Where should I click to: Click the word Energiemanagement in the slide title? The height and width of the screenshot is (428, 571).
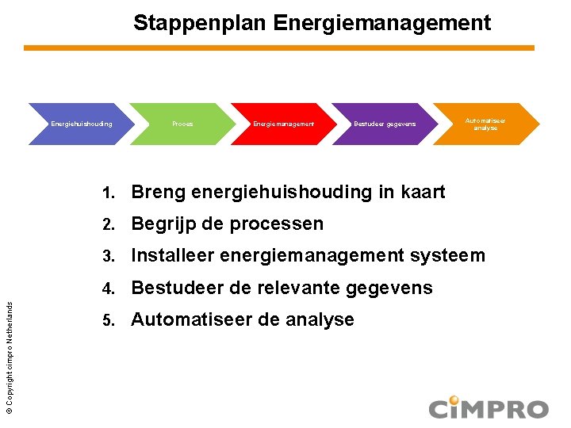(382, 23)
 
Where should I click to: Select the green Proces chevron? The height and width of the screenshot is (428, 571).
(182, 124)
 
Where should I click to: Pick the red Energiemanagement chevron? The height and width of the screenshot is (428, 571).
(283, 124)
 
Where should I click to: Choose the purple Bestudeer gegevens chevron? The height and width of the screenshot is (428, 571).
(384, 124)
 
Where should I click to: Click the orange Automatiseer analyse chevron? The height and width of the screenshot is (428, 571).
(485, 124)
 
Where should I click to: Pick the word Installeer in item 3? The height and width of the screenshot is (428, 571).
(171, 255)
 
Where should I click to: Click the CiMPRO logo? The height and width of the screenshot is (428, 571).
(488, 407)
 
